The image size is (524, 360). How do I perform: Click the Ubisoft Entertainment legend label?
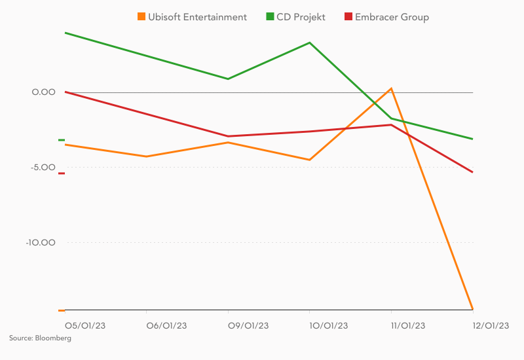[x=197, y=17]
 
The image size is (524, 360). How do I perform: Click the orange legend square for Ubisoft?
[x=141, y=17]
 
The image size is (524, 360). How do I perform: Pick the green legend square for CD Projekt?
[x=270, y=17]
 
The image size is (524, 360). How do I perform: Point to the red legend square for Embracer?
[x=348, y=17]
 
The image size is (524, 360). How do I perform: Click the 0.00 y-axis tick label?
[x=44, y=92]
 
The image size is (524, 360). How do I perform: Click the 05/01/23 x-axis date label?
[x=85, y=325]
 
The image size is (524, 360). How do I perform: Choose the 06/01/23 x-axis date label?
[x=166, y=325]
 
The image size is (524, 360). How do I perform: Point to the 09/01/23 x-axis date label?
[x=248, y=325]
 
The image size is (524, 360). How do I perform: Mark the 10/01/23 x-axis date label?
[x=329, y=325]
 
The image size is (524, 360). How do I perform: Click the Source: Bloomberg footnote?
[x=40, y=338]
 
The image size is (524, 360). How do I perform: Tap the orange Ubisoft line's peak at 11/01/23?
[x=391, y=88]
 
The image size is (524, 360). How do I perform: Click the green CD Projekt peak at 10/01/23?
[x=310, y=43]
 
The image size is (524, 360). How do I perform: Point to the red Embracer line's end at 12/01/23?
[x=472, y=172]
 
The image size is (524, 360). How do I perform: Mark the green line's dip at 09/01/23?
[x=228, y=79]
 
